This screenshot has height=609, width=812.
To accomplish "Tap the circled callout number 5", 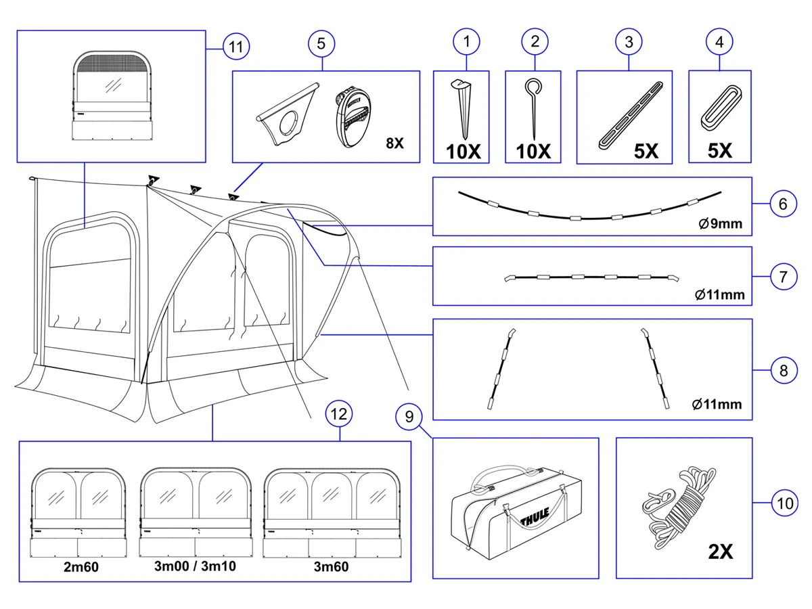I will pyautogui.click(x=321, y=43).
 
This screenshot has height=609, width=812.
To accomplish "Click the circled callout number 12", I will pyautogui.click(x=339, y=413).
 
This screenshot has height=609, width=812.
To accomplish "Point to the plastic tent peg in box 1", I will pyautogui.click(x=462, y=109).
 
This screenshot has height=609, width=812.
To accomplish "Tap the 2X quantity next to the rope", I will pyautogui.click(x=720, y=551).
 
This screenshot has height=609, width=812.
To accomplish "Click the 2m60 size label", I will pyautogui.click(x=81, y=567).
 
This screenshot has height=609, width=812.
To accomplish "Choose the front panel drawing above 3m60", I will pyautogui.click(x=331, y=512).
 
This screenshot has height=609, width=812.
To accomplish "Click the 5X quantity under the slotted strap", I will pyautogui.click(x=646, y=151).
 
